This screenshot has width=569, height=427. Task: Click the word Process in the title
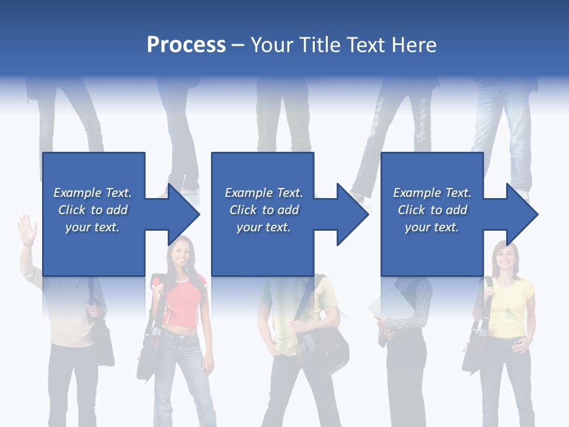(x=186, y=45)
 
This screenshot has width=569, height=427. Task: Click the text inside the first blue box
(x=92, y=210)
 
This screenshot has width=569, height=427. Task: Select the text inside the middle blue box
(x=263, y=210)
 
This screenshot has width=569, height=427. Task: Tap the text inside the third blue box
(x=431, y=210)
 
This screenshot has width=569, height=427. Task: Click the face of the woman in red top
(x=180, y=253)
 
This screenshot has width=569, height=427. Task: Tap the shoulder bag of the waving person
(x=102, y=344)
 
